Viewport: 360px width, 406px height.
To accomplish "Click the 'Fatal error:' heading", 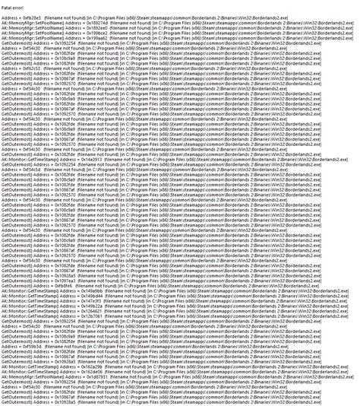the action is [x=11, y=6].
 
